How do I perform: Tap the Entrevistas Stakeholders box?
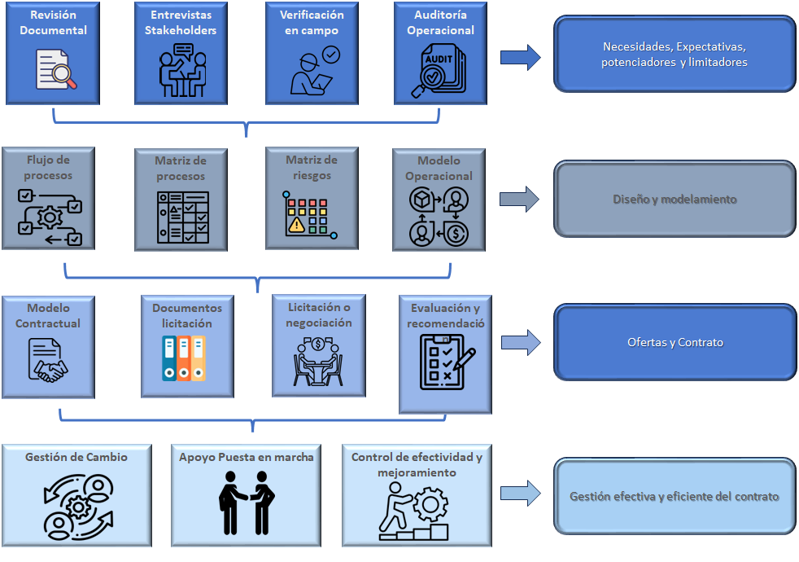coord(183,52)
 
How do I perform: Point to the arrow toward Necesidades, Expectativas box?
coord(520,57)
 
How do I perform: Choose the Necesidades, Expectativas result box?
coord(675,54)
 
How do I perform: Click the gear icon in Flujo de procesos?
coord(50,217)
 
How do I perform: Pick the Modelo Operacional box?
coord(439,198)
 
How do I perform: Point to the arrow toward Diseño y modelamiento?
coord(520,200)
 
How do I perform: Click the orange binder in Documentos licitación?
coord(183,358)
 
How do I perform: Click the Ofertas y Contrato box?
coord(675,343)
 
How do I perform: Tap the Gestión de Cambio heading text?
coord(76,457)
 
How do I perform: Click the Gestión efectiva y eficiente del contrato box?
coord(675,496)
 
